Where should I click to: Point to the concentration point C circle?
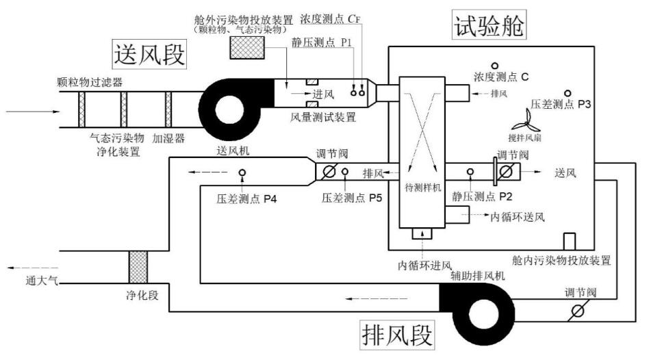(494, 66)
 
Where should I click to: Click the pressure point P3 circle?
(567, 93)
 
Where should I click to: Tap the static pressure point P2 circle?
(470, 172)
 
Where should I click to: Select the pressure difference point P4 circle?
(242, 172)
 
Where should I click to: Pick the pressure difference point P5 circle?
(345, 172)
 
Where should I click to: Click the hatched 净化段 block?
(139, 266)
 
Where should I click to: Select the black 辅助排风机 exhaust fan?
(472, 309)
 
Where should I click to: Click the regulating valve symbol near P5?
(329, 172)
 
